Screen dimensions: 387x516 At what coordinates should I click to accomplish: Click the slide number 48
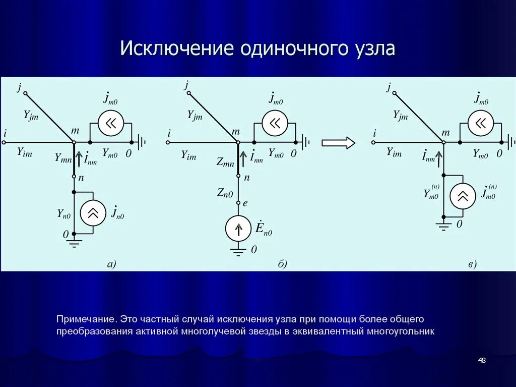[482, 360]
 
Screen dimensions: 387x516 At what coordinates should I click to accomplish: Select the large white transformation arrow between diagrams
[338, 143]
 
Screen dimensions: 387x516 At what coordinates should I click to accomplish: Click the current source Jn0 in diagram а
[93, 212]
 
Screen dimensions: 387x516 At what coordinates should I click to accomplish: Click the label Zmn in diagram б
[225, 162]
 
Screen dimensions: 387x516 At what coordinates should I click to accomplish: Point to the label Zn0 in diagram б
[225, 192]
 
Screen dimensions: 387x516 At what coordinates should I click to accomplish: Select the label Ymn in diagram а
[63, 158]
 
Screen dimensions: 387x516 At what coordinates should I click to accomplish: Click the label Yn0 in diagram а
[63, 214]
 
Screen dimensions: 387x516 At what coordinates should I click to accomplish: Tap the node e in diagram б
[239, 203]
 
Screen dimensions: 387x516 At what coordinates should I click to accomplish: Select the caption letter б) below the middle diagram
[282, 263]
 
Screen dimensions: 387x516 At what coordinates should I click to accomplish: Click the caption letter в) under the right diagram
[472, 263]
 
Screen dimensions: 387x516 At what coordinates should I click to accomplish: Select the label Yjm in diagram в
[400, 116]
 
